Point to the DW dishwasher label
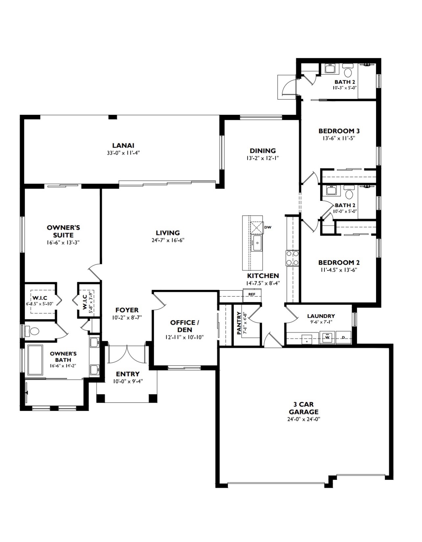pos(268,227)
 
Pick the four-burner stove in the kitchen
pos(292,258)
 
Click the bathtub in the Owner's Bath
pos(35,360)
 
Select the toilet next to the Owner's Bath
pos(33,331)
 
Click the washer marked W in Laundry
pos(327,338)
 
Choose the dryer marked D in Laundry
pos(343,338)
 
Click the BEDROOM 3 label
pos(339,131)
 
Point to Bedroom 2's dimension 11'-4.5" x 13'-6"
pos(339,270)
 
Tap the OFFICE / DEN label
pos(185,326)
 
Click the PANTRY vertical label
pos(239,323)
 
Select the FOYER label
pos(127,310)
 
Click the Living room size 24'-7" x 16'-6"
pos(168,240)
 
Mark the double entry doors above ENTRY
pos(127,354)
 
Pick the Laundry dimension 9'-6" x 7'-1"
pos(321,322)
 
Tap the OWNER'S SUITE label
pos(63,231)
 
